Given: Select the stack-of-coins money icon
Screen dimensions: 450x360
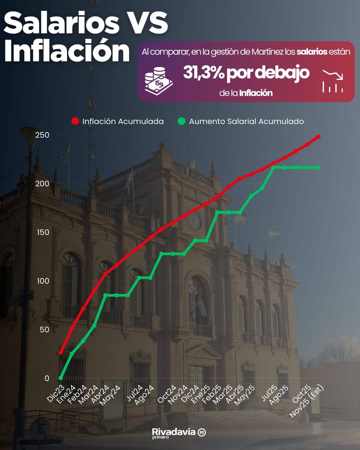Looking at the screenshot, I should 159,80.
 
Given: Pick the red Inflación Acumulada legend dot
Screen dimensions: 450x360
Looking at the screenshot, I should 75,121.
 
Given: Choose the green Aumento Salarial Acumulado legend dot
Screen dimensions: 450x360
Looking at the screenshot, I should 181,121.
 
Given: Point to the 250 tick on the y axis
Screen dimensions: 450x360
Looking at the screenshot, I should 42,135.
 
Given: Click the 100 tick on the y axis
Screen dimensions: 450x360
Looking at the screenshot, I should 43,281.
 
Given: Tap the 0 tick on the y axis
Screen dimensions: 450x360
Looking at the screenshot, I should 47,378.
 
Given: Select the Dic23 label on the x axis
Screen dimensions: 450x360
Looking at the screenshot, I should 55,393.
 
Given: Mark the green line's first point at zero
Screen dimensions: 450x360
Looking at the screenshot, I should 61,378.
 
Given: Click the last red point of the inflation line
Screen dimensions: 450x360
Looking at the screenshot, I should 318,137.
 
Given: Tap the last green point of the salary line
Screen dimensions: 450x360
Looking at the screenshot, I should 318,168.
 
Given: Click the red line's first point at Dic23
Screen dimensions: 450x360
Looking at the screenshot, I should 61,353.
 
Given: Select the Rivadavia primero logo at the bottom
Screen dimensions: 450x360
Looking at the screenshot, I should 179,433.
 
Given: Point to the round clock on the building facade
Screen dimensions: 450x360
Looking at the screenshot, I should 194,220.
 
